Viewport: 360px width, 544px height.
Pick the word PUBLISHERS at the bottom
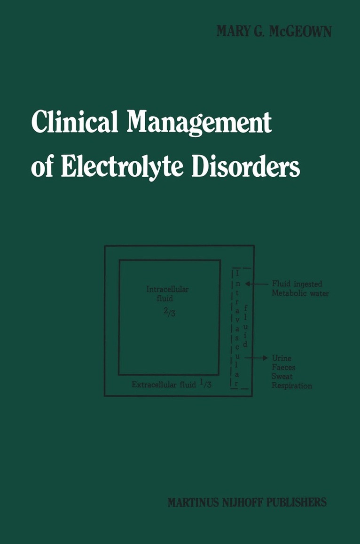(x=298, y=502)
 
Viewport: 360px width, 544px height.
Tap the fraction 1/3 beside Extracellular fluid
(x=203, y=384)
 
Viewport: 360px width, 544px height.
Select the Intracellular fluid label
(x=167, y=293)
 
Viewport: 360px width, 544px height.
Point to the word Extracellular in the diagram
(x=153, y=385)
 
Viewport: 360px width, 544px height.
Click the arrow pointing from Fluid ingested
(x=256, y=284)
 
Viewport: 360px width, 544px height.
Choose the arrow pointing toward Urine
(x=259, y=358)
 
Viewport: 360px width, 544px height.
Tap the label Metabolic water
(x=300, y=293)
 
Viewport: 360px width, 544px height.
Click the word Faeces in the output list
(x=283, y=368)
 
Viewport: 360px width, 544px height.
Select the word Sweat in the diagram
(x=282, y=377)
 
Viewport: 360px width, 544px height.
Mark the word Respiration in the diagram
(x=292, y=386)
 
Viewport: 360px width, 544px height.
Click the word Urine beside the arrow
(x=282, y=358)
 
